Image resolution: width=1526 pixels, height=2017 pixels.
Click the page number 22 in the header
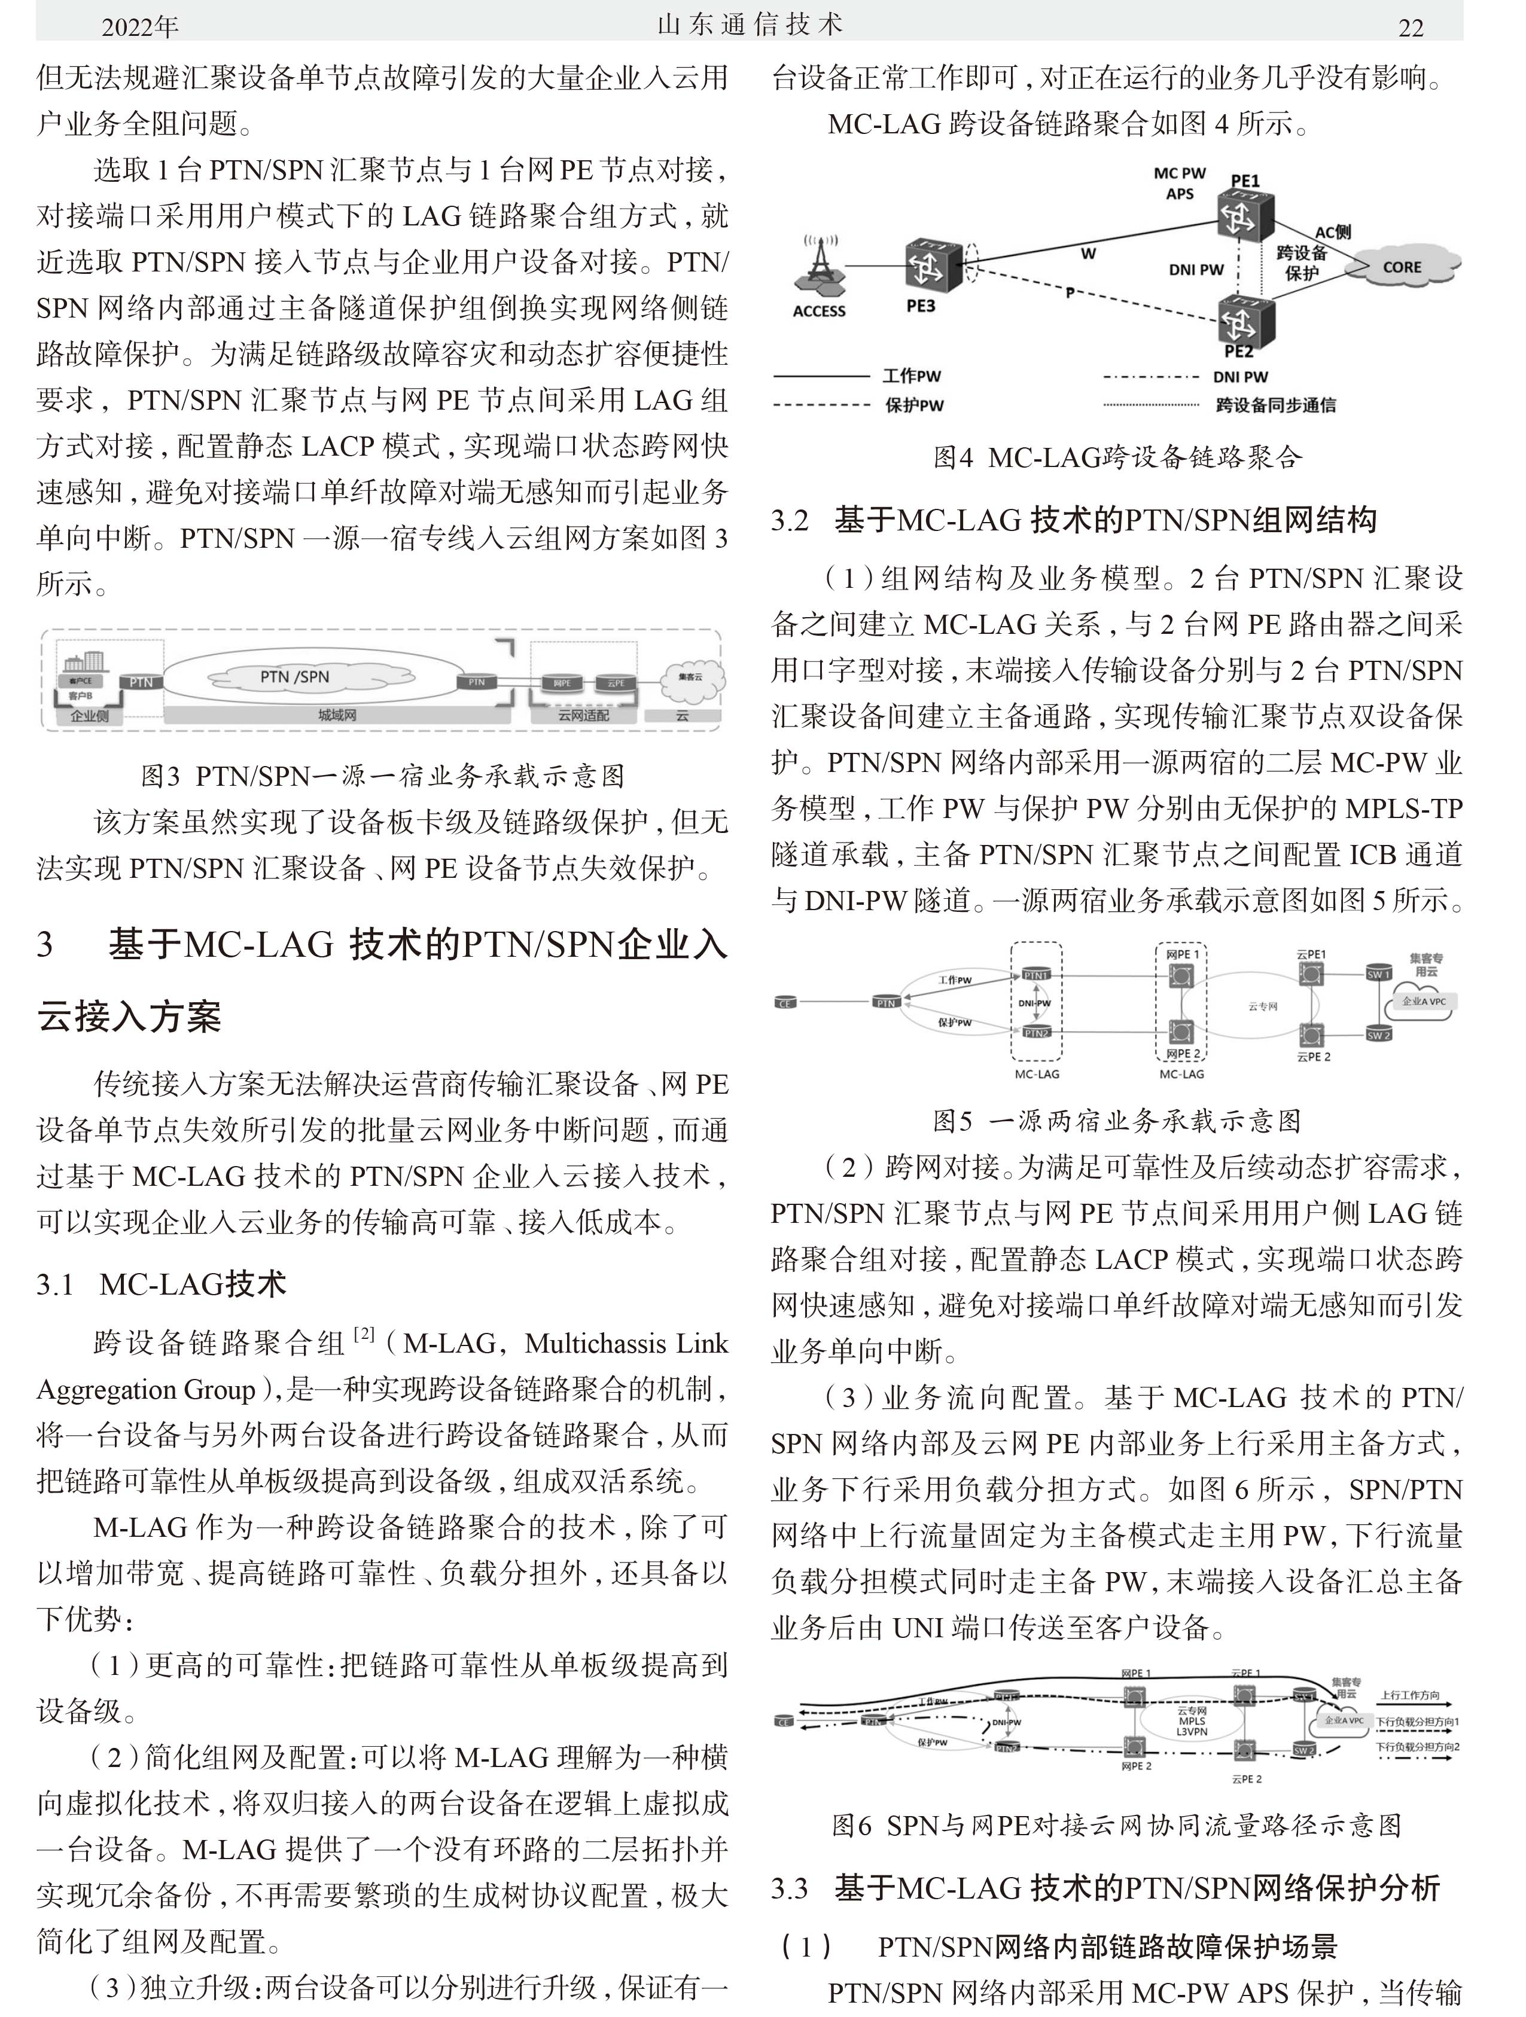tap(1410, 28)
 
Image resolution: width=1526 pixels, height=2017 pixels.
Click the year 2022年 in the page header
tap(139, 28)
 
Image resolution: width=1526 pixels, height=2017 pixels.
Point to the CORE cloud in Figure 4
tap(1403, 266)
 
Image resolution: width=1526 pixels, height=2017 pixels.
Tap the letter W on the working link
tap(1088, 254)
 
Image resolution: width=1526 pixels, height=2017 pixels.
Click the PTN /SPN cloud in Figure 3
tap(294, 676)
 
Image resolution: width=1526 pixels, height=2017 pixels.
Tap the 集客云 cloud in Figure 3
tap(692, 678)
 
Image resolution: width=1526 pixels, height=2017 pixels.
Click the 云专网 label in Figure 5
tap(1262, 1006)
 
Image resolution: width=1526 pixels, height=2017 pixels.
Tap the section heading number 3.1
tap(56, 1285)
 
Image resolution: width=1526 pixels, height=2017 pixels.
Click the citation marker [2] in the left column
tap(363, 1334)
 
